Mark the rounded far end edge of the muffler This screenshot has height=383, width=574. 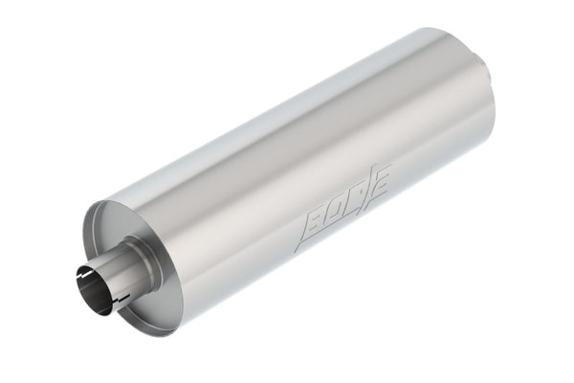(494, 105)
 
